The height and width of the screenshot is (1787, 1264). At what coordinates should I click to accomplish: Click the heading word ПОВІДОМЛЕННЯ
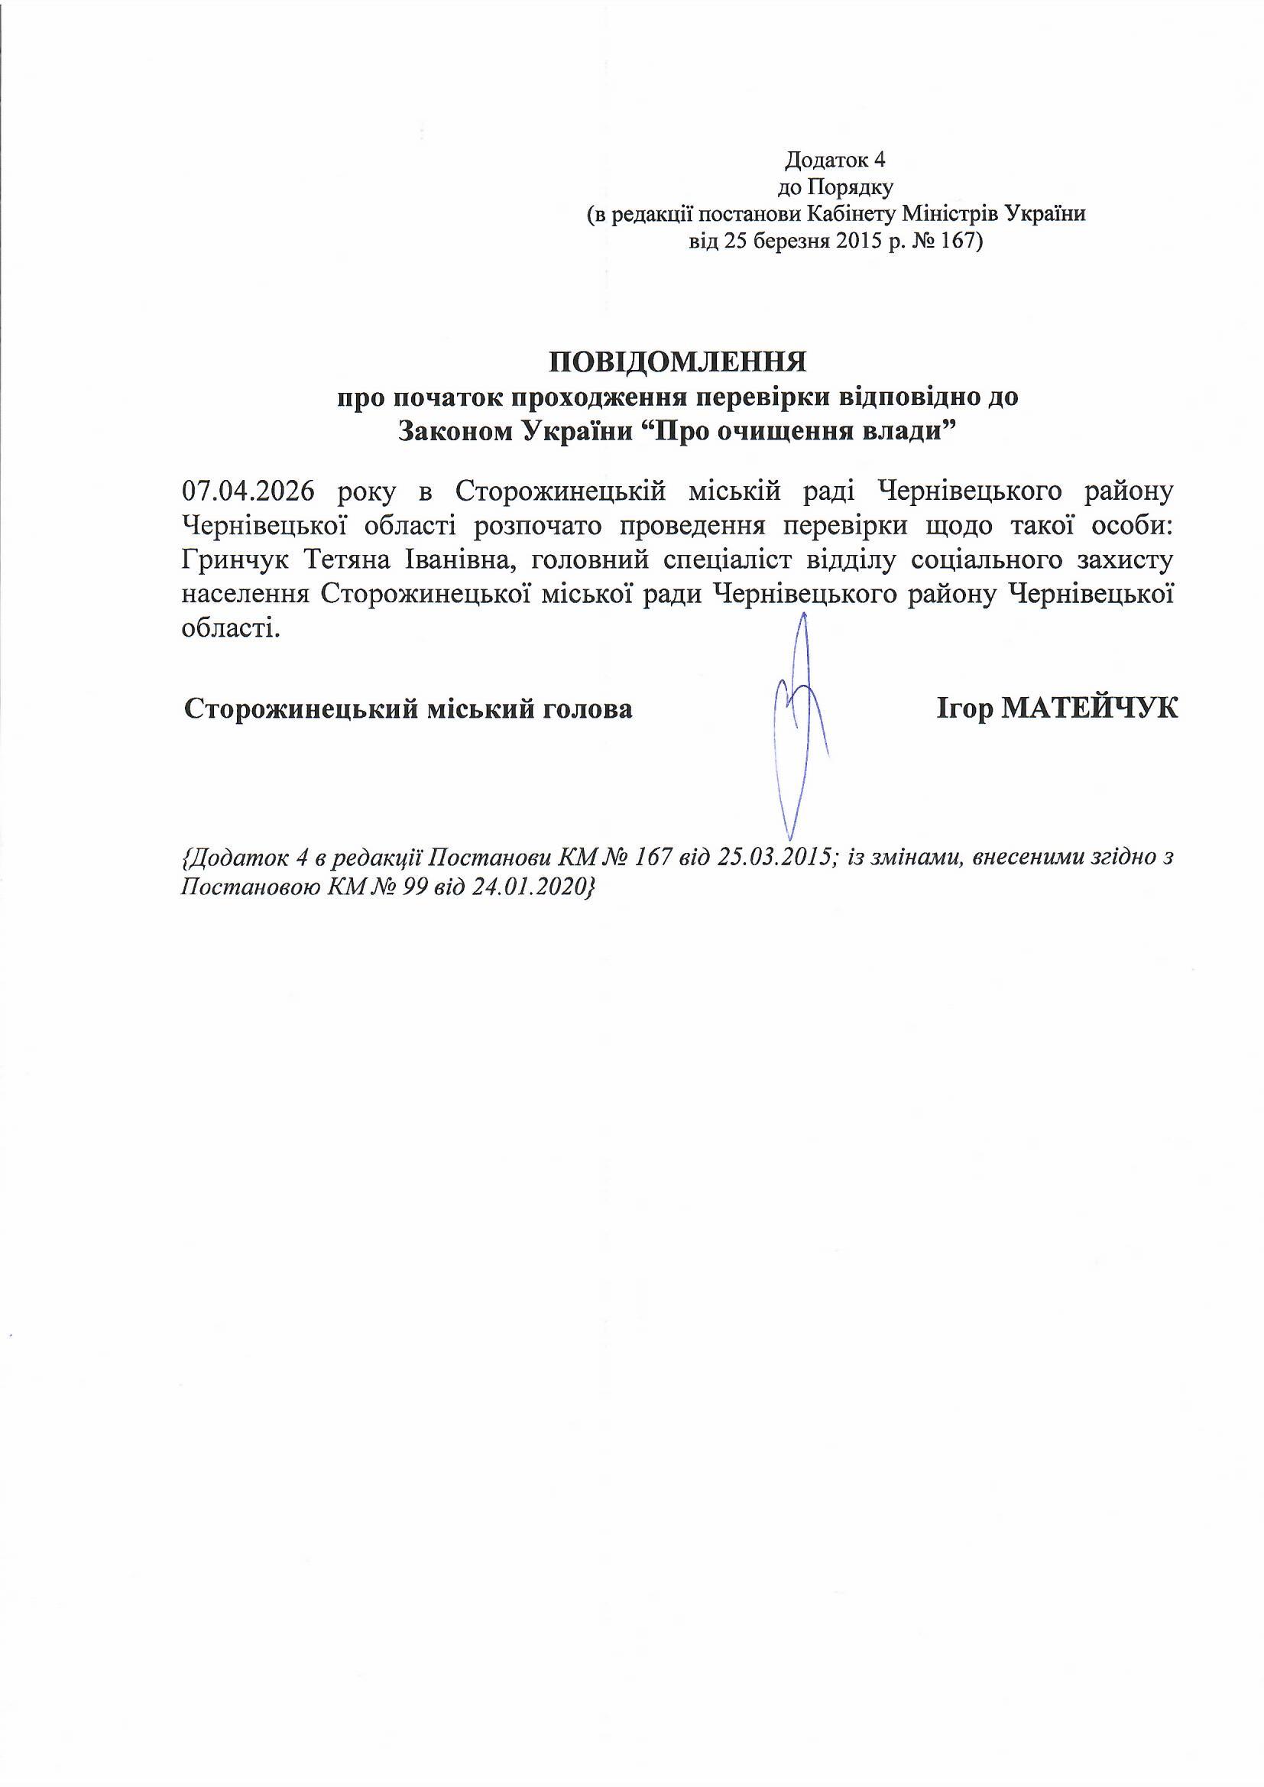click(677, 362)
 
